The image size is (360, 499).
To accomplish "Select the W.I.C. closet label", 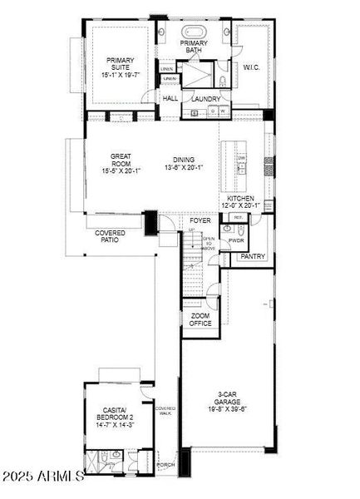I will click(252, 67).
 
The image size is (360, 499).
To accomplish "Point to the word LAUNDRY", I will click(205, 99).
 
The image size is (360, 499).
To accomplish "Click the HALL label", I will click(170, 99).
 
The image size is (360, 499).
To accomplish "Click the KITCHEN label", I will click(240, 199).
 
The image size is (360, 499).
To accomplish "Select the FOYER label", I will click(200, 220).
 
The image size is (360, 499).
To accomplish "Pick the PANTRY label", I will click(253, 257).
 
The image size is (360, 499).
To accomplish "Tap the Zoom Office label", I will click(200, 319).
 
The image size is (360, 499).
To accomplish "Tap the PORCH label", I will click(165, 465).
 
